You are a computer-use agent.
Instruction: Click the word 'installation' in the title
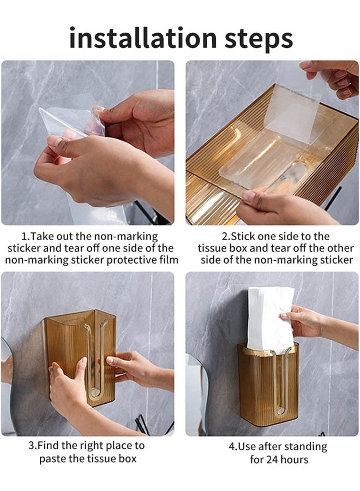pyautogui.click(x=143, y=38)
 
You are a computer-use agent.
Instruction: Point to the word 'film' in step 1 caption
pyautogui.click(x=169, y=260)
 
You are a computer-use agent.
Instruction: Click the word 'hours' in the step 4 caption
pyautogui.click(x=294, y=459)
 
